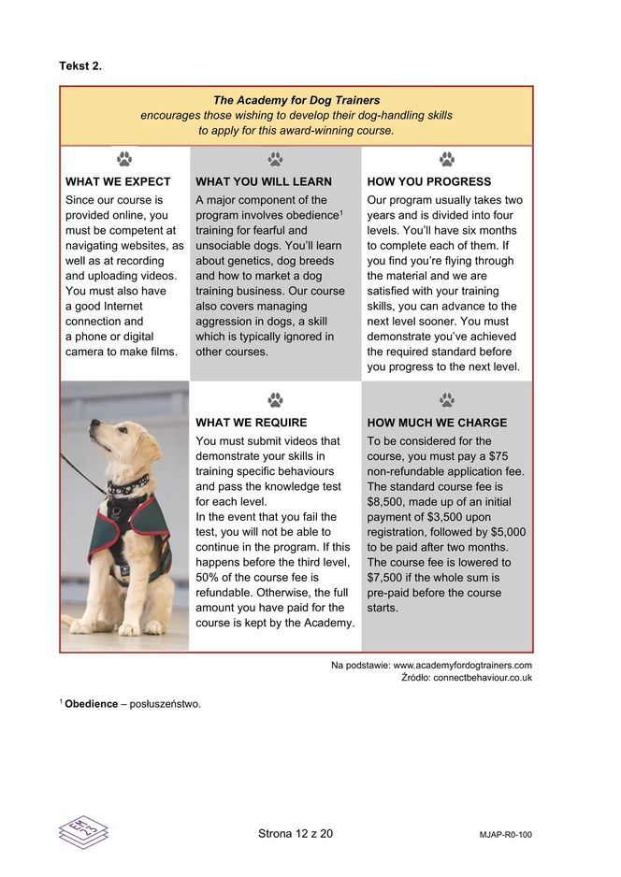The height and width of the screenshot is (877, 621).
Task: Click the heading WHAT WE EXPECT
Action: (x=118, y=181)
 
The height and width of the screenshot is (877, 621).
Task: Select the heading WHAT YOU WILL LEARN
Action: (x=264, y=181)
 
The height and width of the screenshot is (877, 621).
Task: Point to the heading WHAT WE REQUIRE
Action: (x=251, y=423)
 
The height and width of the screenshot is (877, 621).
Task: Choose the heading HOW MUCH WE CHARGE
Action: (x=437, y=423)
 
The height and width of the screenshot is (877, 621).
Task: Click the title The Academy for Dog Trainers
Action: (x=296, y=100)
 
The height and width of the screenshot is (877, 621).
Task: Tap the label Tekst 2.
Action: (x=80, y=65)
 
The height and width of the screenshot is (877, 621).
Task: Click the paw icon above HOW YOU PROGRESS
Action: (x=447, y=160)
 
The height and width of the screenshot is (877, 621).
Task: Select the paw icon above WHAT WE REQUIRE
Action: (x=275, y=400)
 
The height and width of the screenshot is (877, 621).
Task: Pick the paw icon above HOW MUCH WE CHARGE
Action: (x=447, y=400)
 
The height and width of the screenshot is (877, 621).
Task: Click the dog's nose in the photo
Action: (x=93, y=427)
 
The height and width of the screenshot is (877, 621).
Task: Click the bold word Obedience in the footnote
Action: (x=91, y=703)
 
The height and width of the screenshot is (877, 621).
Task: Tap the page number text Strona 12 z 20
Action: (x=296, y=833)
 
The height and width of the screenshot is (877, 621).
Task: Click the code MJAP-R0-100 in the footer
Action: (x=498, y=834)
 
